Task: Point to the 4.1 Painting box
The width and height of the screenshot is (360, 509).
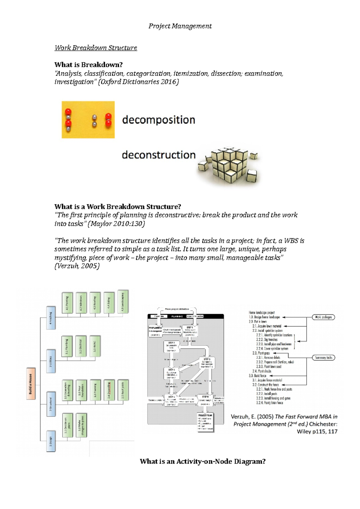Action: coord(67,303)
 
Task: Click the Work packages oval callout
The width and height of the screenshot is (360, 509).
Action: coord(323,317)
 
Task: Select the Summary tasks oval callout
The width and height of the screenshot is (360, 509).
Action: coord(323,358)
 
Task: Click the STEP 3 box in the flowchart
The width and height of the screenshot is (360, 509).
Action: coord(207,363)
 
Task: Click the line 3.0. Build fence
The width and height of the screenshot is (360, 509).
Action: coord(257,376)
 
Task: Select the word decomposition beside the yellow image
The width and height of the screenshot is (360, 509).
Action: coord(158,120)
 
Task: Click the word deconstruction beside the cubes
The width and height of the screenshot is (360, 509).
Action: coord(159,155)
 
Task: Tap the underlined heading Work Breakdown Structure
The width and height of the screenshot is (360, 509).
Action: coord(96,48)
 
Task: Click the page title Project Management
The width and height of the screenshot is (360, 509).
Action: coord(180,26)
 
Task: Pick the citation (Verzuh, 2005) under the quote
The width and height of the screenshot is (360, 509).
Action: coord(77,266)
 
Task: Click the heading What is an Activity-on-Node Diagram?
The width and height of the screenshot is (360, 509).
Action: coord(202,461)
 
